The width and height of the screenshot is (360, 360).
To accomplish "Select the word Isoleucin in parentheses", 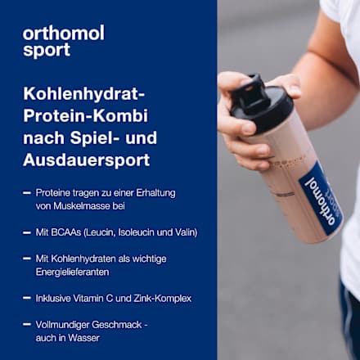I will click(133, 232).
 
